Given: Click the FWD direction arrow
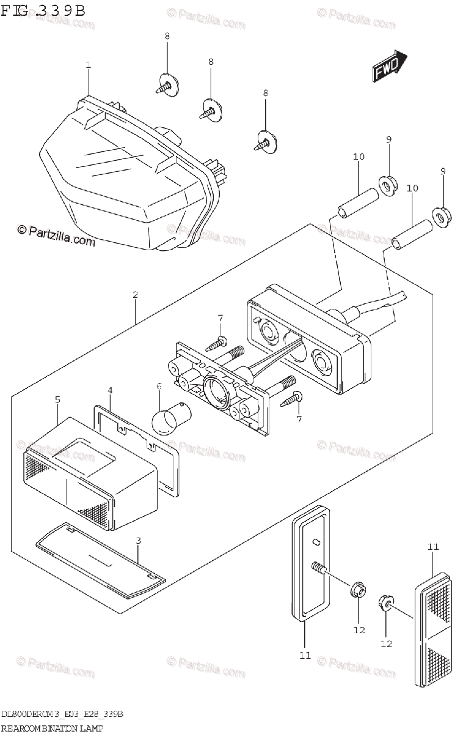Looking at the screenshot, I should [388, 67].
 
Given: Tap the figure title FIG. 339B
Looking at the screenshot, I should [43, 10].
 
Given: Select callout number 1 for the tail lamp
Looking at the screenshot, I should [88, 65].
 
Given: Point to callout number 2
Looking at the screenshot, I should [135, 295].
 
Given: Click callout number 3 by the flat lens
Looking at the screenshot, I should [138, 540].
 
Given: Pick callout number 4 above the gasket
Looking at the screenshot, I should [110, 390].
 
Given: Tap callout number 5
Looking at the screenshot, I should [57, 399].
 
